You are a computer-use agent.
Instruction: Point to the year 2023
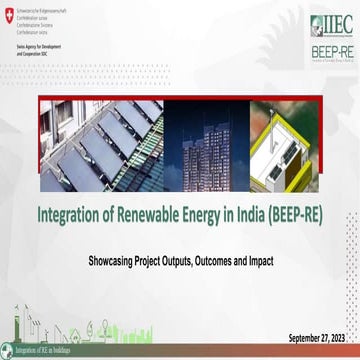(341, 335)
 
